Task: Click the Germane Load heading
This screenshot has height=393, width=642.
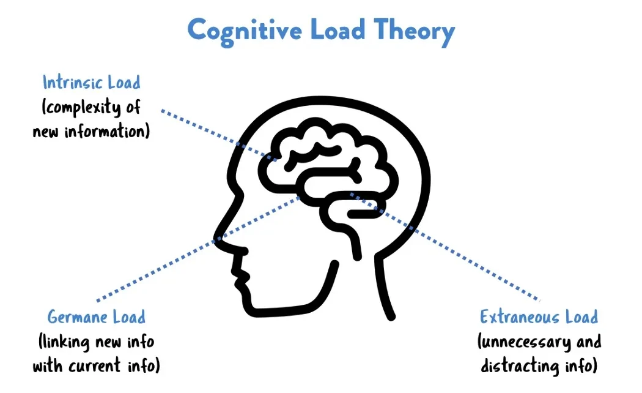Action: (97, 316)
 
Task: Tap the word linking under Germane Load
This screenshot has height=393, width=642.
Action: (64, 340)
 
